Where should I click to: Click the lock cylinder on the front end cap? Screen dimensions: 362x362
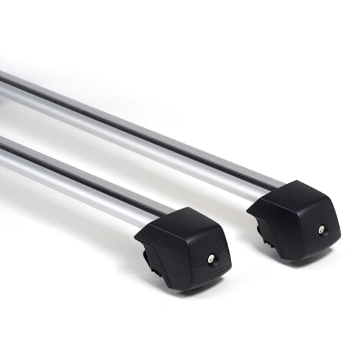point(211,258)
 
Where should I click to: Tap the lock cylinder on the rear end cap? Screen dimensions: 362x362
point(321,229)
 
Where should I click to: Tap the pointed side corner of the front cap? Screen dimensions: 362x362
point(137,240)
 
